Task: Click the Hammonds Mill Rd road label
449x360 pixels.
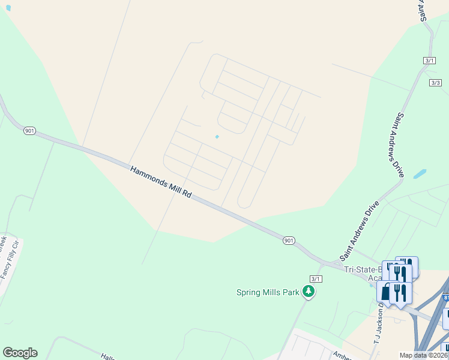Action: (161, 183)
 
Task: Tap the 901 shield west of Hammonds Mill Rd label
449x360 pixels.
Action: (29, 131)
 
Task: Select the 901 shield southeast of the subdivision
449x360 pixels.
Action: (289, 241)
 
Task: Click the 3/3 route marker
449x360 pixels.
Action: (436, 83)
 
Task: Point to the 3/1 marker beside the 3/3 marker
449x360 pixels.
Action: (429, 61)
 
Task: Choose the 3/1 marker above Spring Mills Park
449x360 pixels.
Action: (316, 279)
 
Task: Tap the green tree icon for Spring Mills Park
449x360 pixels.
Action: (309, 292)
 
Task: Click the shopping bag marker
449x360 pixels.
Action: (384, 293)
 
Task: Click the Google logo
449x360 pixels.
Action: (20, 353)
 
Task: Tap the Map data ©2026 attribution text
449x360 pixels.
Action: (424, 355)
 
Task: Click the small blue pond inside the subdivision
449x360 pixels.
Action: (217, 137)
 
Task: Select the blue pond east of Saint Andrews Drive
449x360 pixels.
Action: (419, 174)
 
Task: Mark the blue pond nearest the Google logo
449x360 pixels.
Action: (8, 8)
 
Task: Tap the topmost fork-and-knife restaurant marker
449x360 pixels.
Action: (408, 266)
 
